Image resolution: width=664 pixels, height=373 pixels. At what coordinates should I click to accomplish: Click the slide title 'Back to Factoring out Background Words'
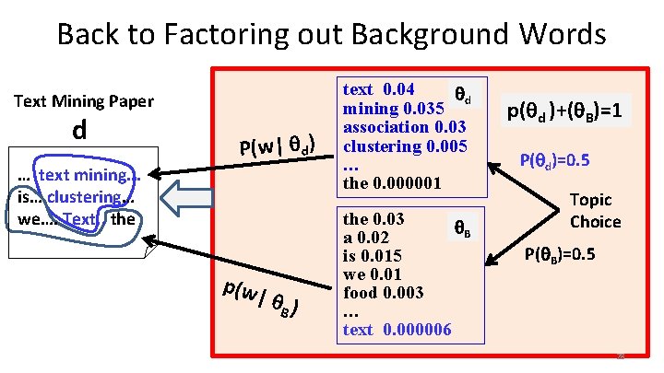[331, 34]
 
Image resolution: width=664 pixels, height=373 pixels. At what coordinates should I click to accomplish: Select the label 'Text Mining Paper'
[84, 100]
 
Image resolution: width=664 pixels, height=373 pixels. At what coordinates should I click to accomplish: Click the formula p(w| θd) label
[278, 145]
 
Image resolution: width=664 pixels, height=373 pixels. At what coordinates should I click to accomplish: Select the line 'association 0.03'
[404, 126]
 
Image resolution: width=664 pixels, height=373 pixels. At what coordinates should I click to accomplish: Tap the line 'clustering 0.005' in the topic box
[404, 145]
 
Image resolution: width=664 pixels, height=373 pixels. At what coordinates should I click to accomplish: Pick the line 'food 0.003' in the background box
[384, 292]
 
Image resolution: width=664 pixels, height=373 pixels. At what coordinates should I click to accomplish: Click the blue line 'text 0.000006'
[397, 329]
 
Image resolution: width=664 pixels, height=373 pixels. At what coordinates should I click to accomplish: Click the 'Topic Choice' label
[595, 211]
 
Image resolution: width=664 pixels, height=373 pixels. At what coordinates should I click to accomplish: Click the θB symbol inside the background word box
[462, 228]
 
